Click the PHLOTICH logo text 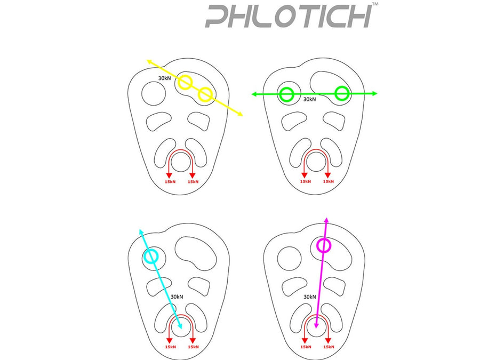pos(289,16)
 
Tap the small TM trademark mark pos(375,4)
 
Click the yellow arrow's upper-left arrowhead pos(150,61)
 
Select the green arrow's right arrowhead pos(375,94)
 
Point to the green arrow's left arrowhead pos(254,94)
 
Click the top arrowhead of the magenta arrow pos(326,220)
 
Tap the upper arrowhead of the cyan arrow pos(141,232)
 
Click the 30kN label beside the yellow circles pos(164,78)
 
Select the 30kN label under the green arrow pos(309,99)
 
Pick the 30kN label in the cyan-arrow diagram pos(177,297)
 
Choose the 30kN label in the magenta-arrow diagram pos(310,297)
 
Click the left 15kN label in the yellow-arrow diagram pos(170,182)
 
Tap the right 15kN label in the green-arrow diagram pos(329,181)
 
